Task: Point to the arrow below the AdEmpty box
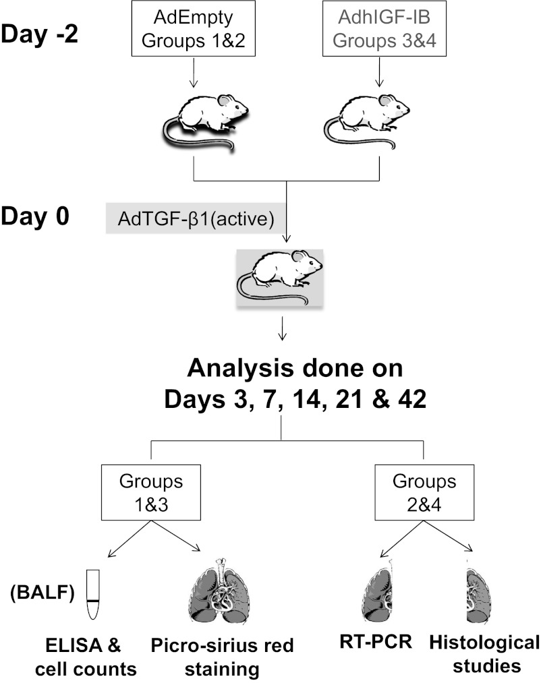point(194,73)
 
